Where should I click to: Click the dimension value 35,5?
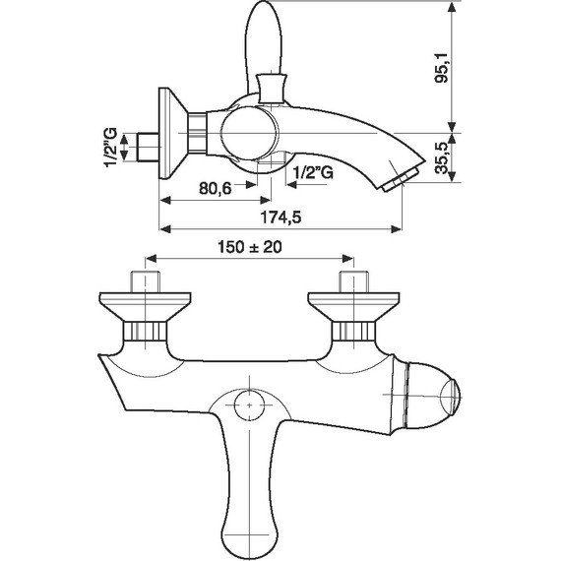pos(442,158)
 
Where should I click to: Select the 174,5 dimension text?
pos(280,218)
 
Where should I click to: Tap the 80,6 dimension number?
pos(216,188)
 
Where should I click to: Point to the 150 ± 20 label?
pos(250,247)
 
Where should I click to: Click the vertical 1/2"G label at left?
pos(110,147)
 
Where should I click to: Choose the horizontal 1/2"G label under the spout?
pos(313,173)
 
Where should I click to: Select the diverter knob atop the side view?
pos(272,88)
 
